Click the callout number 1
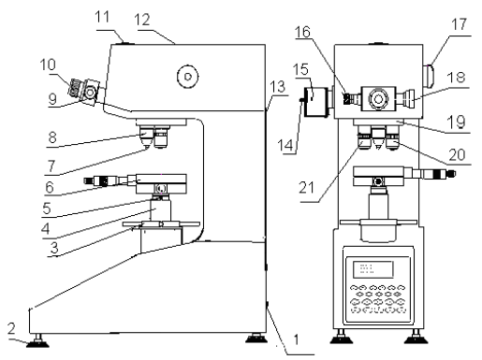297,348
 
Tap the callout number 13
277,86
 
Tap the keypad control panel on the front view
378,290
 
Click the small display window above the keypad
369,268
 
